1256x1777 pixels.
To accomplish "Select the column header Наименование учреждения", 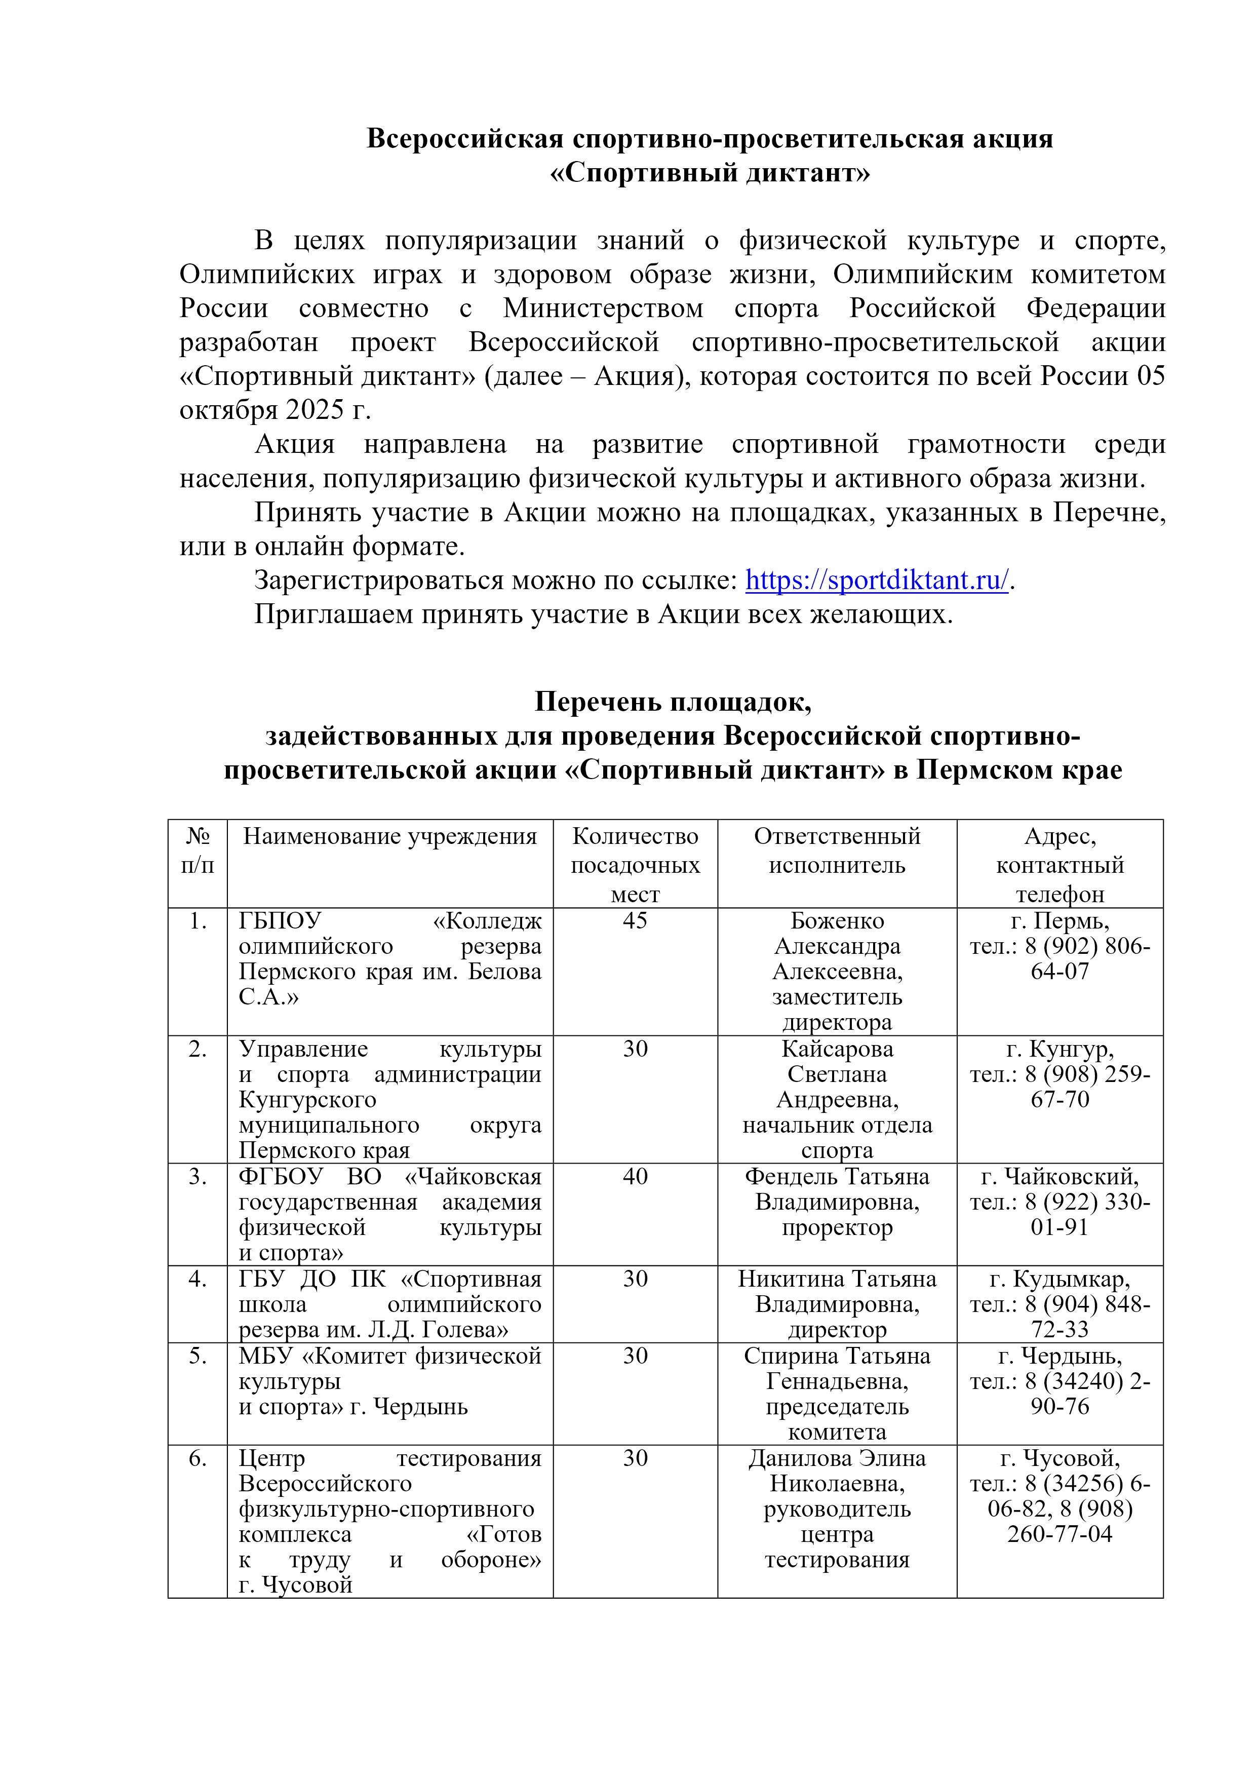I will (390, 837).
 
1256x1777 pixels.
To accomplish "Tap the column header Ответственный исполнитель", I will (837, 850).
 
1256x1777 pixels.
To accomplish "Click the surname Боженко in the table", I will (837, 921).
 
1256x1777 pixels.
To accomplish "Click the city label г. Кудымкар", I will (1059, 1280).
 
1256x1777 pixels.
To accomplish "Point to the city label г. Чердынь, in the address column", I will (1059, 1356).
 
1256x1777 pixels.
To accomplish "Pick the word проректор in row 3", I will (837, 1227).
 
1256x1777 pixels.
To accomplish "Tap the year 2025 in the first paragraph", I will (315, 409).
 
